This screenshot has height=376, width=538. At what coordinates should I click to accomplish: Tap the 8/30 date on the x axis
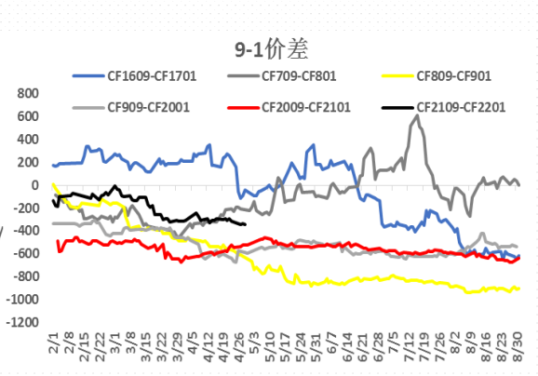pyautogui.click(x=518, y=348)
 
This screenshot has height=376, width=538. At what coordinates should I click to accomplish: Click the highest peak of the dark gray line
pyautogui.click(x=413, y=115)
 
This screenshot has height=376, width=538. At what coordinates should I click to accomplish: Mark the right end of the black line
pyautogui.click(x=245, y=224)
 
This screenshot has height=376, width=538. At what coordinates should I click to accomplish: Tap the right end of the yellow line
pyautogui.click(x=519, y=289)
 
